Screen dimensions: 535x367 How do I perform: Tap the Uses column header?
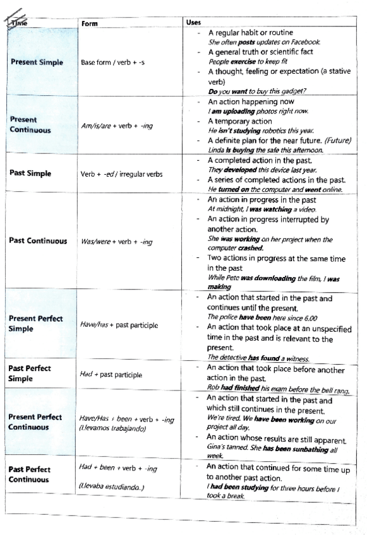coord(193,23)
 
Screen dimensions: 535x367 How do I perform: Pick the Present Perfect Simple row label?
coord(36,324)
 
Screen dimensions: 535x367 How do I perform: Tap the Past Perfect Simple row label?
coord(30,373)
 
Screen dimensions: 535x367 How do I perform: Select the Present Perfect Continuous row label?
coord(35,421)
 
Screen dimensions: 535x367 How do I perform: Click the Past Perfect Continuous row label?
coord(30,474)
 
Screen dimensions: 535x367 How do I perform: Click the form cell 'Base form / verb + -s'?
coord(114,63)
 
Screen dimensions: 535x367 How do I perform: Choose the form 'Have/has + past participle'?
coord(119,325)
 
